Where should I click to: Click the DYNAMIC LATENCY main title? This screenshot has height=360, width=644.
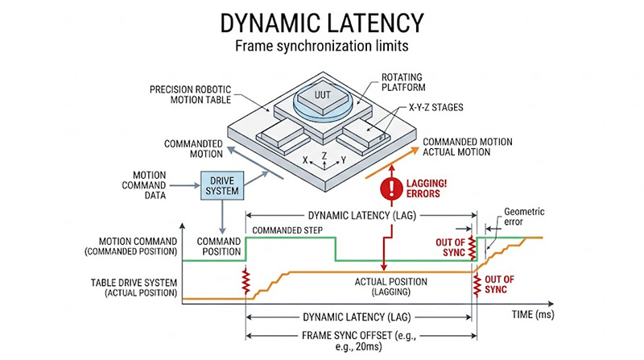click(x=321, y=21)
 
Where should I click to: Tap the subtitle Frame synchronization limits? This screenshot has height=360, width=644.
click(x=321, y=47)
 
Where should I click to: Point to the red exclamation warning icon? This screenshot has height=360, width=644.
click(x=390, y=188)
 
